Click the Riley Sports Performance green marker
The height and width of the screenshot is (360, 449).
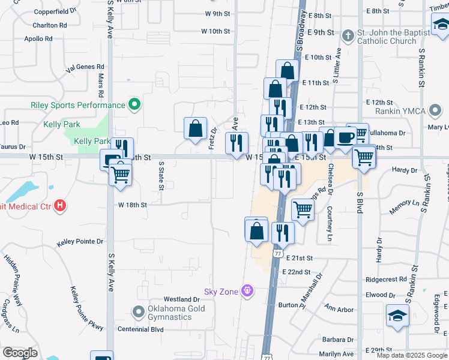[134, 105]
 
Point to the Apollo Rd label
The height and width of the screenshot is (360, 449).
[38, 38]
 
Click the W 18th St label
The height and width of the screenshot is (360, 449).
[133, 205]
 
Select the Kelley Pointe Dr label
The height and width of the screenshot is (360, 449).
[80, 242]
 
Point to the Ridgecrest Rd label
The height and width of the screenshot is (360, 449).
[386, 280]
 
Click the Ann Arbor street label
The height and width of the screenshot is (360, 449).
[339, 309]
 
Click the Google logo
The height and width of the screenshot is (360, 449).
[20, 353]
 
